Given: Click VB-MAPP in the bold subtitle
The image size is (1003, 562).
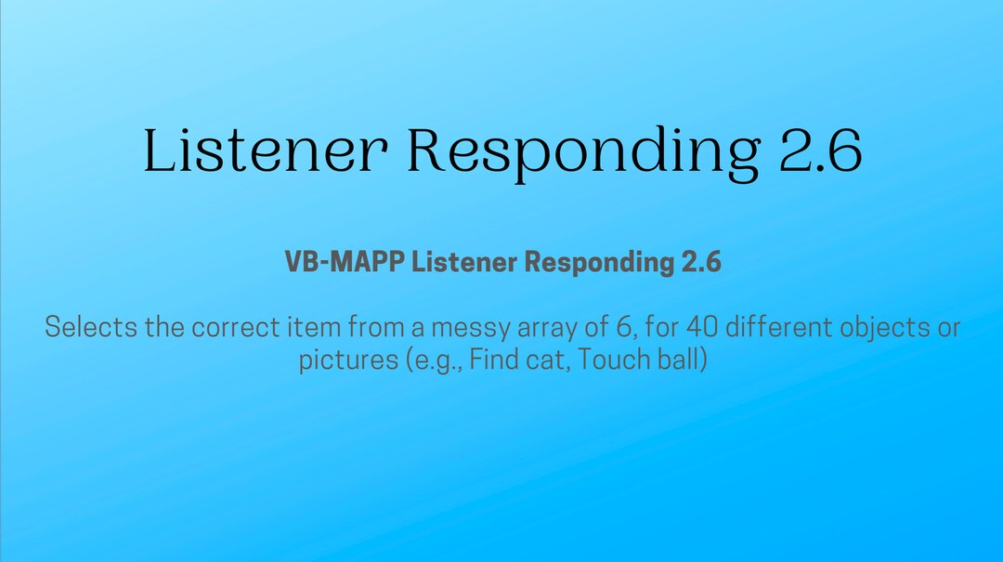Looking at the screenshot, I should point(345,263).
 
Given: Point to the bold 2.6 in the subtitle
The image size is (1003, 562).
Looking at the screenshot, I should point(701,263).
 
